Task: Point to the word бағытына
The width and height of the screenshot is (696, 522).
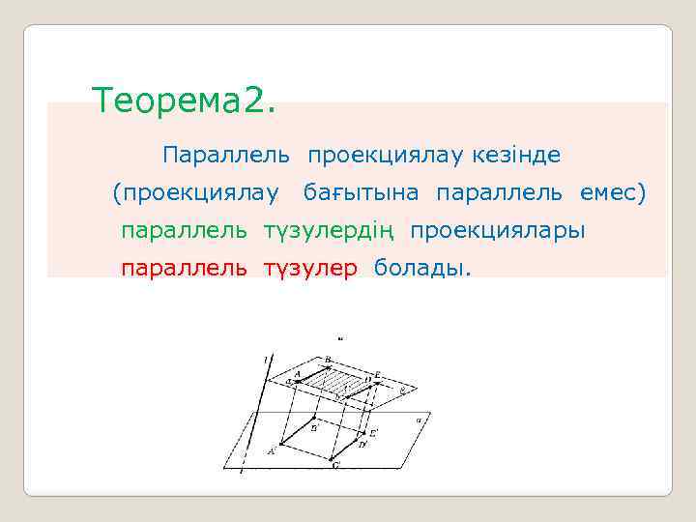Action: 362,193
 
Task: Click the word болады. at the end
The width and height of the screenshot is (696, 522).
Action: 422,268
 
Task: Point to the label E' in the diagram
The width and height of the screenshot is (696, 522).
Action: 374,431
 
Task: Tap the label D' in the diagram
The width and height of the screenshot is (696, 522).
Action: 362,445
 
